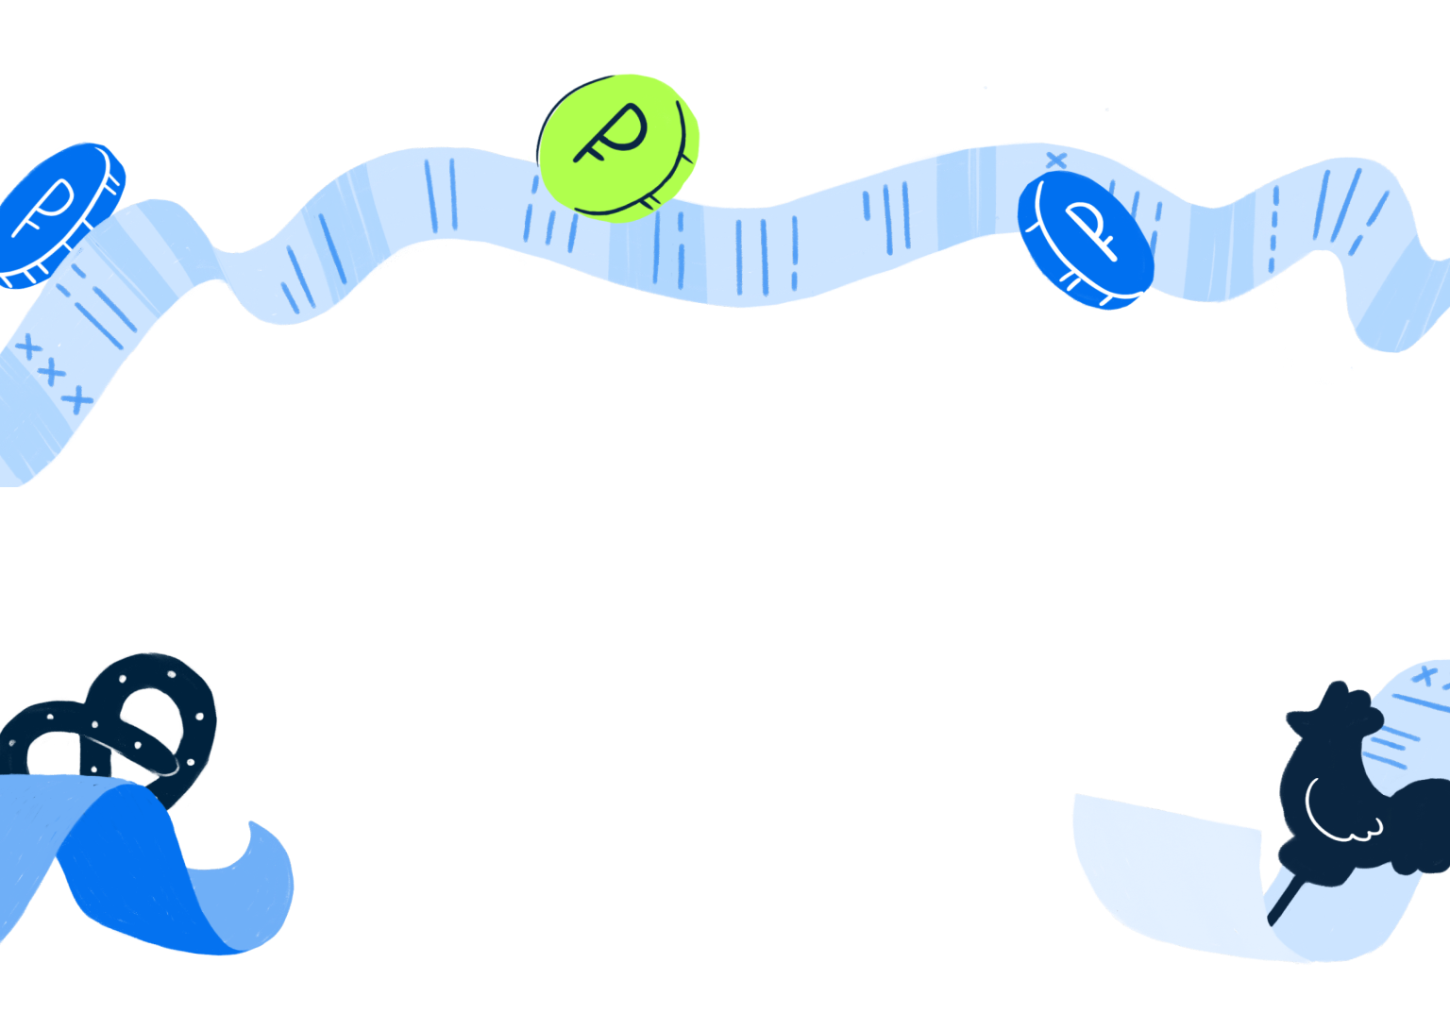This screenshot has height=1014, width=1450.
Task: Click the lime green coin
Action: (x=618, y=146)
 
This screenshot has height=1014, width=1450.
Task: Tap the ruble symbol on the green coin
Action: (x=610, y=132)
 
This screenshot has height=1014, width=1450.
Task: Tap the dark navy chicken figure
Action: (x=1340, y=793)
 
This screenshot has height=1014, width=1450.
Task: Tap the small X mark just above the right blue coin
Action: (x=1056, y=161)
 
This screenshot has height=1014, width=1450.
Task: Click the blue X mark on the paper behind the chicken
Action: (x=1426, y=675)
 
